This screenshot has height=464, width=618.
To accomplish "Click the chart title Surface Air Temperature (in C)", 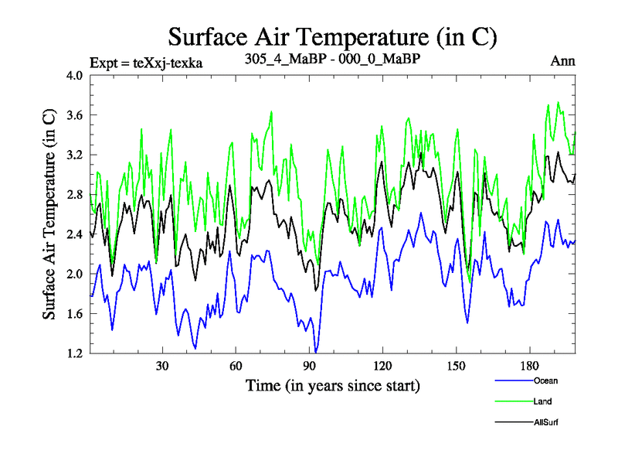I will point(332,36).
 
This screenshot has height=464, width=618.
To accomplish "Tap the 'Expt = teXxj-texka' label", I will point(146,63).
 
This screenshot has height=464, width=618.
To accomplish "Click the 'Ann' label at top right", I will point(562,61).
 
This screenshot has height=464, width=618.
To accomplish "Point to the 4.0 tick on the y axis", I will point(75,76).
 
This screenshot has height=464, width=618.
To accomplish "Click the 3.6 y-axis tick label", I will point(75,115).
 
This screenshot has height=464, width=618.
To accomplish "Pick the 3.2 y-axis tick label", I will point(75,155).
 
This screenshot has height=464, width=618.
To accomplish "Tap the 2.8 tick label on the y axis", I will point(75,195).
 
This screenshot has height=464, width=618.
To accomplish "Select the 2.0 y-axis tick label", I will point(75,275).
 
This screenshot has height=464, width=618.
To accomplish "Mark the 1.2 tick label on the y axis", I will point(75,353).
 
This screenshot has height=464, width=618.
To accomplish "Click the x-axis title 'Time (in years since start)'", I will point(333,385).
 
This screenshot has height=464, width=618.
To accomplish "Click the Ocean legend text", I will point(545,380).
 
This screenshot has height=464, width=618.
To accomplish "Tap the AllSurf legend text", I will point(547,422).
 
